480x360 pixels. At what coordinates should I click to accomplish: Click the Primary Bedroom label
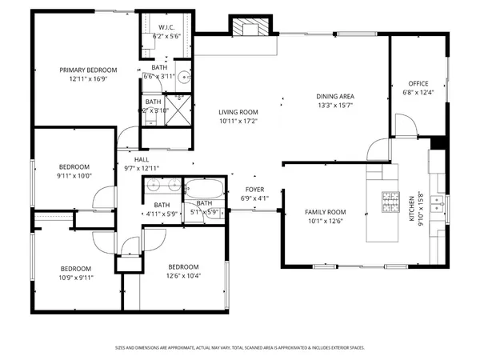(89, 70)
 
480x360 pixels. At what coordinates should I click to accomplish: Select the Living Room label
(238, 112)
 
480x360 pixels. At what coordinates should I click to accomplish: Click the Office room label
(419, 82)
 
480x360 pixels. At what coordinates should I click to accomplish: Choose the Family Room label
(324, 212)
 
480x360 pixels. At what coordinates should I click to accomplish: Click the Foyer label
(254, 189)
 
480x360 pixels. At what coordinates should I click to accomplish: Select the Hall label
(142, 159)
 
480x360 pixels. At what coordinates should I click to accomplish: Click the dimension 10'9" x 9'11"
(76, 278)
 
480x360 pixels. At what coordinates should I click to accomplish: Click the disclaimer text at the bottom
(239, 348)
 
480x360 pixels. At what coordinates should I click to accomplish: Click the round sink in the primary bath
(182, 78)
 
